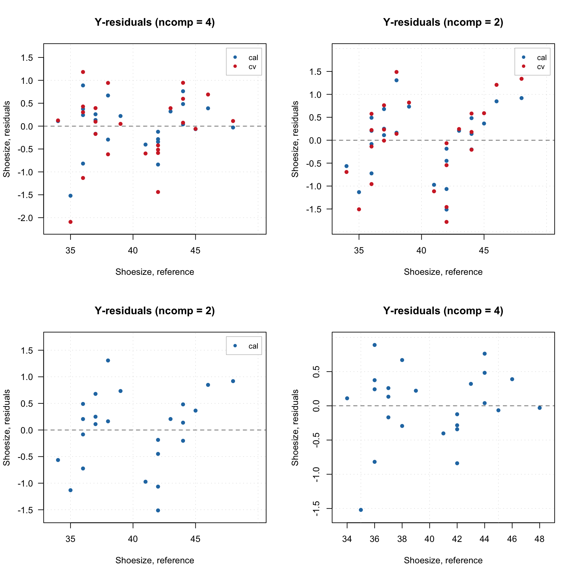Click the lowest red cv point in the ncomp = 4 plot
point(70,222)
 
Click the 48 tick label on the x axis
point(539,539)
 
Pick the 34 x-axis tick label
point(347,539)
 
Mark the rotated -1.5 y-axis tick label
point(316,509)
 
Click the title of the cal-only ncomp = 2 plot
point(155,311)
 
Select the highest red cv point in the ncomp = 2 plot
point(396,72)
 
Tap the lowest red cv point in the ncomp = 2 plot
point(446,222)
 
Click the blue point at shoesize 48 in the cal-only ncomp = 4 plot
point(540,408)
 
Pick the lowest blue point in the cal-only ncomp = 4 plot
point(361,510)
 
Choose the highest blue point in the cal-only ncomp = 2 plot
point(108,361)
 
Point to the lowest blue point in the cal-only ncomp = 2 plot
point(158,511)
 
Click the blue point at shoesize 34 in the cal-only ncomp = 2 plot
point(58,460)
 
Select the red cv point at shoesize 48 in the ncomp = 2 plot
point(522,79)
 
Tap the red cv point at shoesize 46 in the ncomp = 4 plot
point(208,94)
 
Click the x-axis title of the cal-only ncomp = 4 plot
point(443,560)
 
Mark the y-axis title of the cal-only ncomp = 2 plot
point(7,427)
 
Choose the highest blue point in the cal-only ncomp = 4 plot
point(375,345)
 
